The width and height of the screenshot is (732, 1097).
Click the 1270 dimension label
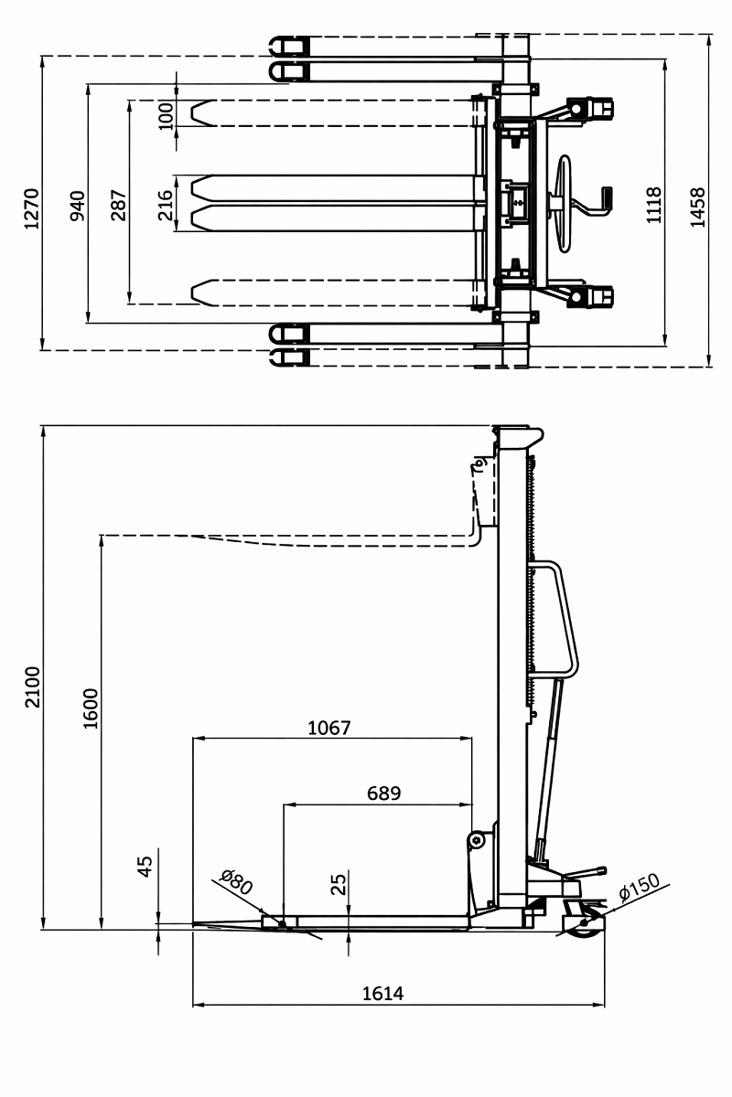click(x=30, y=209)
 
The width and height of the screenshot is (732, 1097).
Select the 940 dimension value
click(x=77, y=206)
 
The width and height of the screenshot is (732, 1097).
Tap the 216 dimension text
click(x=166, y=205)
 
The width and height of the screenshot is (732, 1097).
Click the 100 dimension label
click(x=166, y=115)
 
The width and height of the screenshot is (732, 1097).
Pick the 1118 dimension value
click(x=653, y=205)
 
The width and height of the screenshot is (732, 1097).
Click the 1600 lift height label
click(x=89, y=708)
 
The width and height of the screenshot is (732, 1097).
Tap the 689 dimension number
click(x=383, y=793)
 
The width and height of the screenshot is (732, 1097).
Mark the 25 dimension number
click(x=339, y=884)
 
